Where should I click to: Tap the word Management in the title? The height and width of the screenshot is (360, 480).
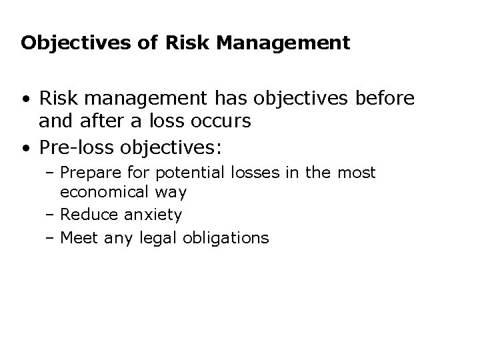[x=293, y=43]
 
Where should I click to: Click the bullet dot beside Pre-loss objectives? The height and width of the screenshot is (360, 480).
[x=24, y=145]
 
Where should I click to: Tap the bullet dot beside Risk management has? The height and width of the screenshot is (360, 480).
[x=24, y=99]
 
